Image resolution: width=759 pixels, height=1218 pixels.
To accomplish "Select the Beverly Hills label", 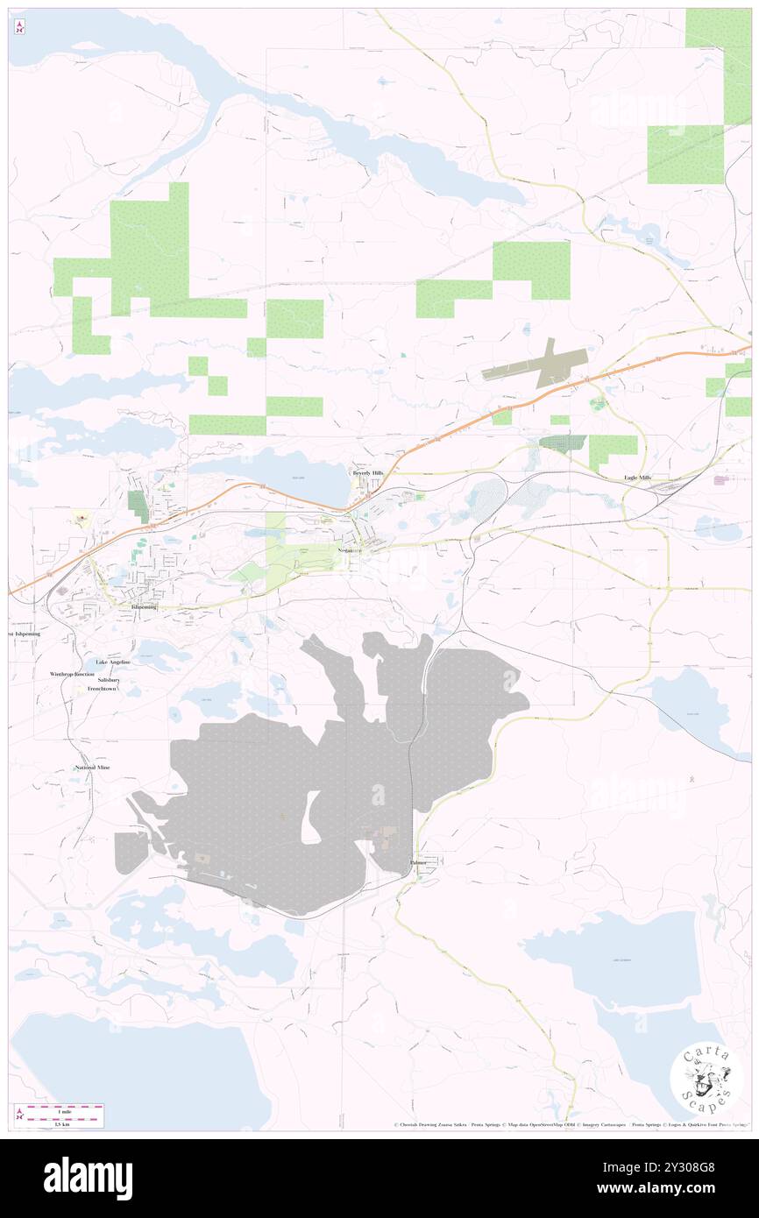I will pyautogui.click(x=368, y=473).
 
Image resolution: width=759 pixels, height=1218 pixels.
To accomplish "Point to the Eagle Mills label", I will pyautogui.click(x=637, y=477).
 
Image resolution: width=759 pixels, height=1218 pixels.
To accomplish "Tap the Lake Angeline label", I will pyautogui.click(x=113, y=662).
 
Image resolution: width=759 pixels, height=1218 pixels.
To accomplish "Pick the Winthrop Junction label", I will pyautogui.click(x=72, y=674).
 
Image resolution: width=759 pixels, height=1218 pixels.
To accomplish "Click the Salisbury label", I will pyautogui.click(x=109, y=680).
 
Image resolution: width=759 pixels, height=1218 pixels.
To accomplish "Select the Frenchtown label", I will pyautogui.click(x=102, y=689).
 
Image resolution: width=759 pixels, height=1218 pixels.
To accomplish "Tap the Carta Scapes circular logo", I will pyautogui.click(x=706, y=1079).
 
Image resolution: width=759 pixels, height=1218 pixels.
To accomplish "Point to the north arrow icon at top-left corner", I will pyautogui.click(x=19, y=27).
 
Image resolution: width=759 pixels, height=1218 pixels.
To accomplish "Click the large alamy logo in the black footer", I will pyautogui.click(x=88, y=1178).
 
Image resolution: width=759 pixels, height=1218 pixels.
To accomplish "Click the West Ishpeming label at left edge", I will pyautogui.click(x=24, y=634).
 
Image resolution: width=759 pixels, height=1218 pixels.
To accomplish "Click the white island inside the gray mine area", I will pyautogui.click(x=310, y=816).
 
